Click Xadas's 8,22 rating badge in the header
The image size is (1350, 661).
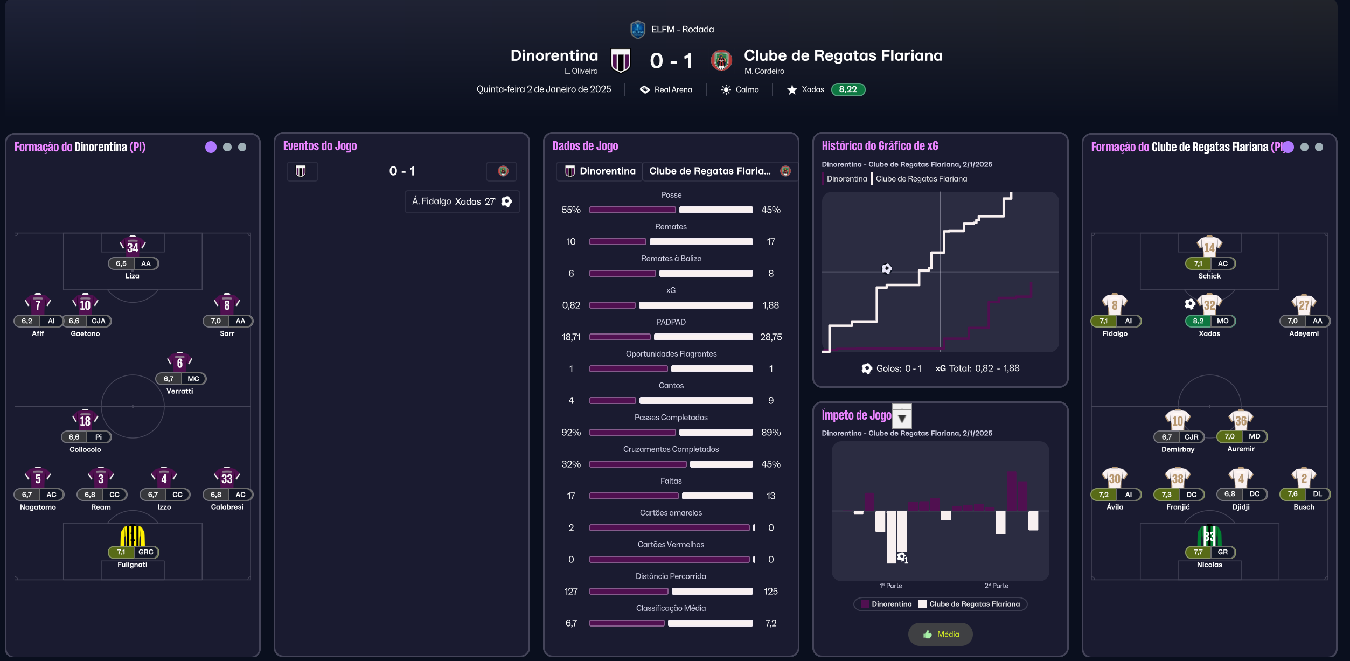[x=848, y=89]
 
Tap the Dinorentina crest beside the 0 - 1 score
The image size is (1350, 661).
[x=620, y=60]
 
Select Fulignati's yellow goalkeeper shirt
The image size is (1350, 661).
[x=133, y=535]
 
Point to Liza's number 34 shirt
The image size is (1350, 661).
[x=133, y=246]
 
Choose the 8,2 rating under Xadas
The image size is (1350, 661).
[x=1198, y=321]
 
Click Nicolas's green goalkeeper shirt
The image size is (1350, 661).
[x=1209, y=535]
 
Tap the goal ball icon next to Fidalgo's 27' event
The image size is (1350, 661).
[x=506, y=201]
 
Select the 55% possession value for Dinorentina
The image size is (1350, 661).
[x=571, y=210]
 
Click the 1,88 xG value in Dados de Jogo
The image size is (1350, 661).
[x=771, y=305]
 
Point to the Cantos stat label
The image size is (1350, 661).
[x=671, y=386]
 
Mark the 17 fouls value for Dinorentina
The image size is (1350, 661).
[x=571, y=496]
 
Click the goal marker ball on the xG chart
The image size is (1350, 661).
[x=887, y=268]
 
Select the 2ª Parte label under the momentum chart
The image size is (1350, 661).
[x=996, y=586]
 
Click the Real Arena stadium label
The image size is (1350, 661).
[x=673, y=90]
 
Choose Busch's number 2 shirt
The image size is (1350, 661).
[x=1304, y=477]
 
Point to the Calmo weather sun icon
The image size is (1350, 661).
[x=726, y=90]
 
